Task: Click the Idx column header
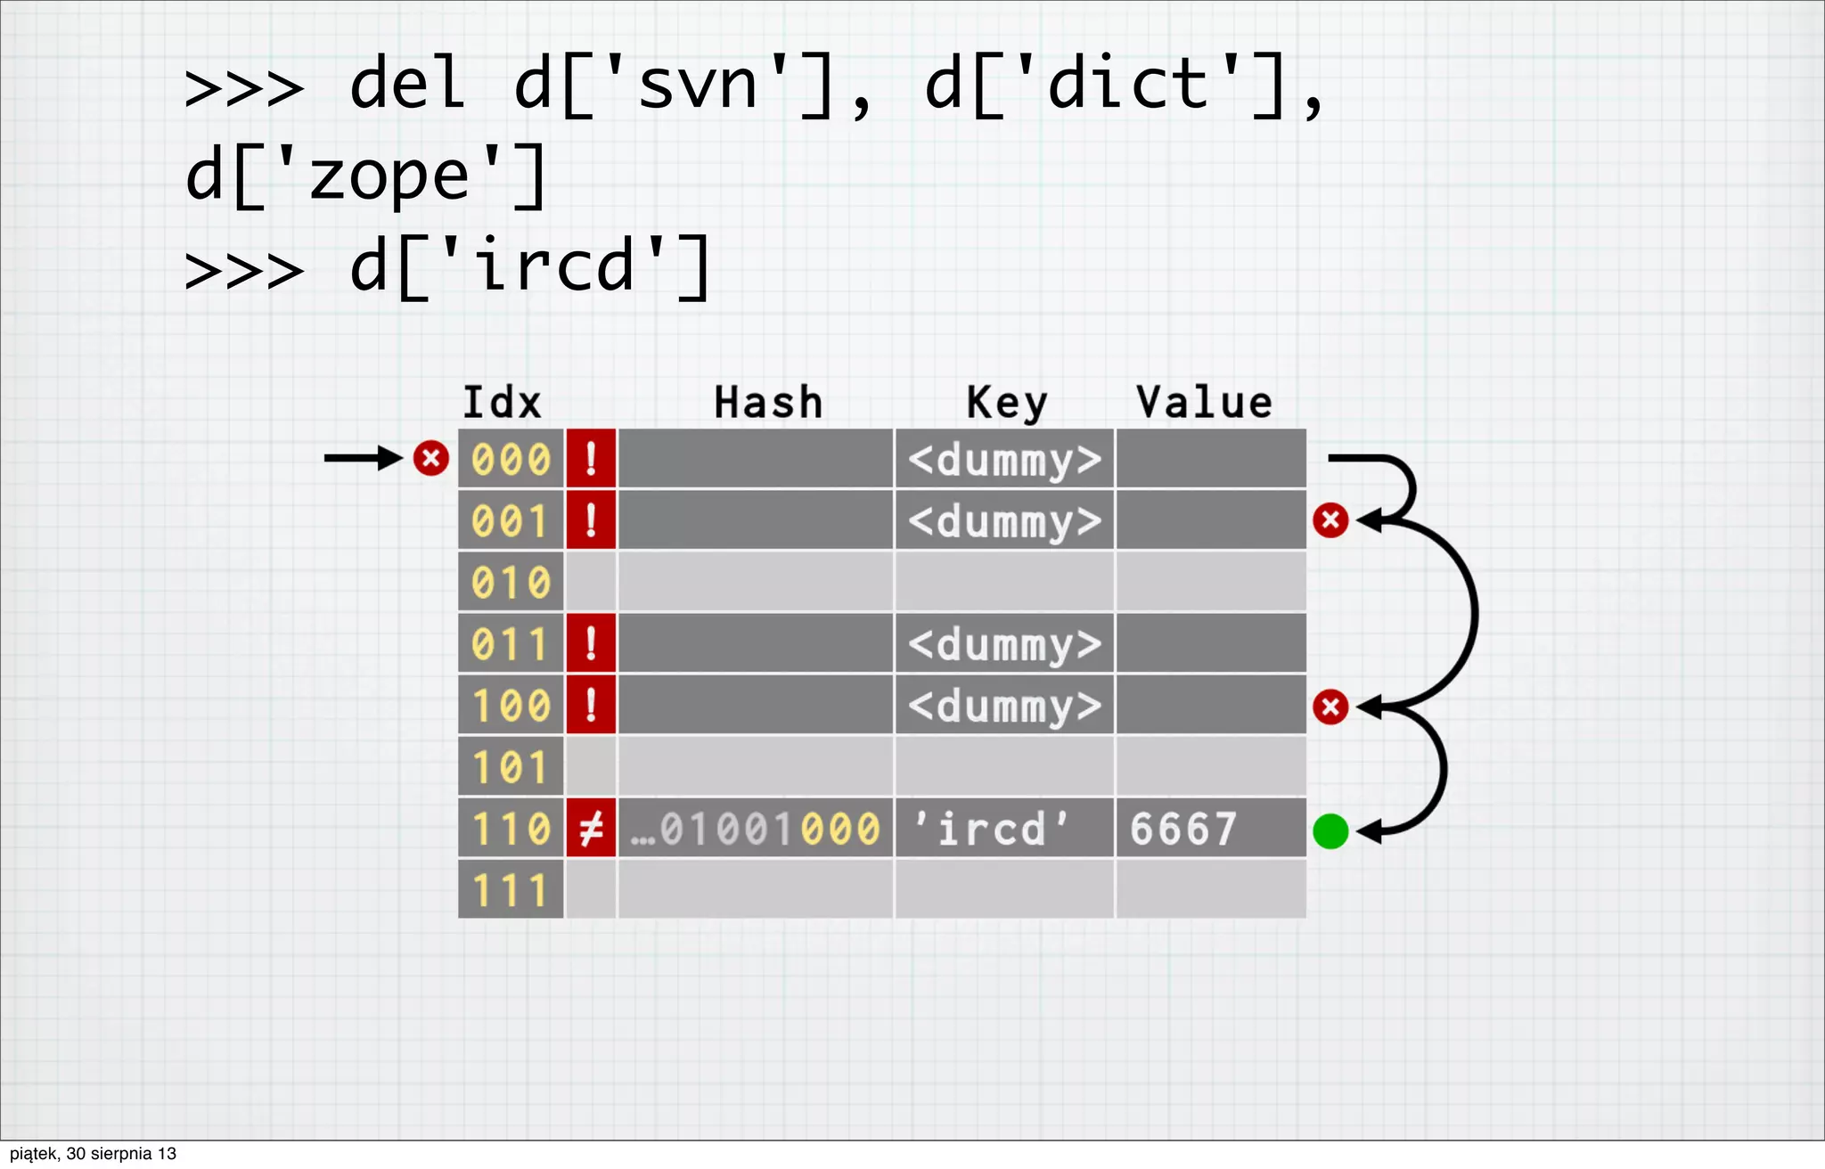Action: pos(502,403)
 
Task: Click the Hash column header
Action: pos(768,403)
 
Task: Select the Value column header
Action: pos(1204,403)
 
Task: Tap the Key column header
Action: pos(1007,404)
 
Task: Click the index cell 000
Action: pos(511,460)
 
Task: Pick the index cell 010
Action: pos(511,583)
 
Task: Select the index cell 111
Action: pos(511,890)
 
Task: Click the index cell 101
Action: pos(511,767)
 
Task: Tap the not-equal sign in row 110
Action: pos(591,829)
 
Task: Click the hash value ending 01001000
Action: pos(756,829)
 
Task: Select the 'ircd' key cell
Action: pos(991,829)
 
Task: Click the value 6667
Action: pos(1183,829)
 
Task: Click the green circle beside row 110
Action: pos(1330,831)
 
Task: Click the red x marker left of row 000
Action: pos(430,459)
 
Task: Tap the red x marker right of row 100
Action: pos(1330,707)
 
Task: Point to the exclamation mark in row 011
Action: pos(591,643)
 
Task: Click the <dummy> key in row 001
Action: pos(1004,521)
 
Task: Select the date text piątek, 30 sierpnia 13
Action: pos(93,1154)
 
